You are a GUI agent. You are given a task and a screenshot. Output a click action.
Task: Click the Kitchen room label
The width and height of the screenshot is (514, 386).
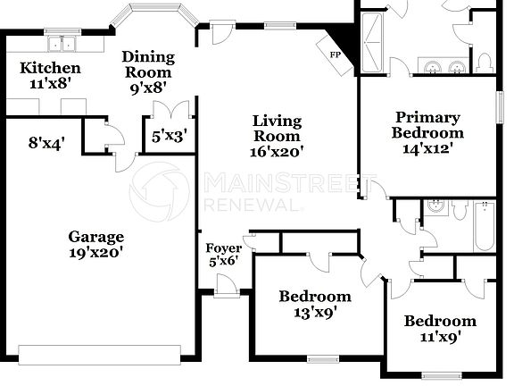click(51, 68)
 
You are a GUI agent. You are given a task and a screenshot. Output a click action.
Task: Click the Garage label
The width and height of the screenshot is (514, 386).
click(96, 237)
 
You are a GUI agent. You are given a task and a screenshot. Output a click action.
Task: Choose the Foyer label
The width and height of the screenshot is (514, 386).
click(223, 248)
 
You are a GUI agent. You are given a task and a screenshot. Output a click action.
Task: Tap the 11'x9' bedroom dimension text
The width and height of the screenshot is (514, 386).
click(439, 338)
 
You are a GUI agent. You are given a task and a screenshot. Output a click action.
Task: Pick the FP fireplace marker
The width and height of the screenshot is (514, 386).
click(336, 55)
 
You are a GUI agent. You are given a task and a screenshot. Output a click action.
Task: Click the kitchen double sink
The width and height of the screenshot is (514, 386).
click(62, 44)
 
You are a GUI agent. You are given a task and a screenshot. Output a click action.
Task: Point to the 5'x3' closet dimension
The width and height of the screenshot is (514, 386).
click(169, 137)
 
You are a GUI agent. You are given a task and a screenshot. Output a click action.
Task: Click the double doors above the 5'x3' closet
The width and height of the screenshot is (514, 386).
click(169, 110)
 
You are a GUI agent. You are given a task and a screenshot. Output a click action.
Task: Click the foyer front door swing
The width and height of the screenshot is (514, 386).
click(226, 284)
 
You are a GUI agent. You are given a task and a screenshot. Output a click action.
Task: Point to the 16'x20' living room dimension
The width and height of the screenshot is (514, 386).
click(276, 152)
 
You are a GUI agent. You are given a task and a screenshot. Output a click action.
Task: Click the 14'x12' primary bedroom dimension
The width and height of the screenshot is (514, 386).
click(427, 149)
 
